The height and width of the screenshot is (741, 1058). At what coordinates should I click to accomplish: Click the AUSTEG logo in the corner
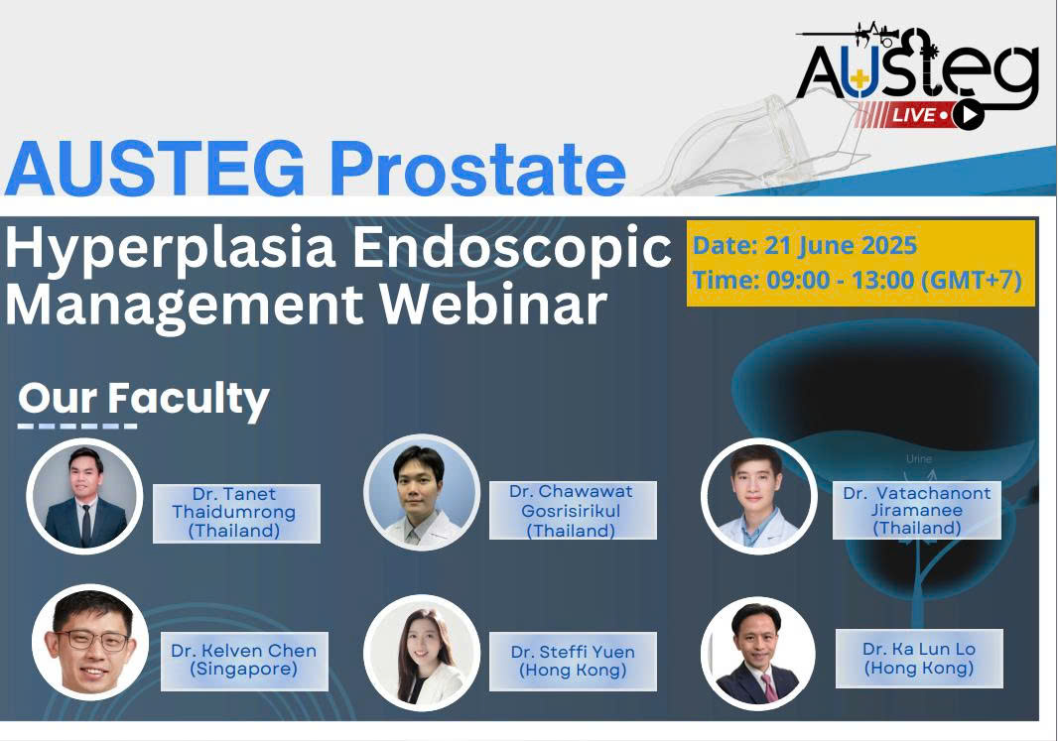coord(918,74)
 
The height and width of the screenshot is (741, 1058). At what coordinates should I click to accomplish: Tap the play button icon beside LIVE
coord(969,115)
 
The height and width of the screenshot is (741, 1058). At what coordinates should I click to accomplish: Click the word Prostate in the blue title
coord(477,169)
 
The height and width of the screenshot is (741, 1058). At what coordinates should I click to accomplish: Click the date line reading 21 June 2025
coord(804,245)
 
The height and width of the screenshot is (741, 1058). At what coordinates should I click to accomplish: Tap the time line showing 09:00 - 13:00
coord(857,279)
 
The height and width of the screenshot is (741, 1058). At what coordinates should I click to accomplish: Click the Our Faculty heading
coord(144,399)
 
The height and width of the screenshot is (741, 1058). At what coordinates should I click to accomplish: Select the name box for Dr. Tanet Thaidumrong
coord(236,513)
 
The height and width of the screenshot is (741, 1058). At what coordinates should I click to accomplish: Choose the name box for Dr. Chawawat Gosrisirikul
coord(573,511)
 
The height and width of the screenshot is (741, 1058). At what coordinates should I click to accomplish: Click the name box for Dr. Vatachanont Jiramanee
coord(916,511)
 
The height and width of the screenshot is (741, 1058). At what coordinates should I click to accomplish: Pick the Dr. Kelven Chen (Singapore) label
coord(244,661)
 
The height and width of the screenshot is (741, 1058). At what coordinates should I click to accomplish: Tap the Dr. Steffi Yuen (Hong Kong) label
coord(573,661)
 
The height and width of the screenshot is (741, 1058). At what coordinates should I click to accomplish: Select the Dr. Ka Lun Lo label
coord(919,658)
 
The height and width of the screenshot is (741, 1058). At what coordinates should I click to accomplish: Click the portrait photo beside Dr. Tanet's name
coord(84,496)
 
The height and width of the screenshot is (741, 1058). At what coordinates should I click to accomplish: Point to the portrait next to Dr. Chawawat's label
coord(422,493)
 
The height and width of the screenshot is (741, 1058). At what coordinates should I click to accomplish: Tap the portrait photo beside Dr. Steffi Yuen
coord(422,653)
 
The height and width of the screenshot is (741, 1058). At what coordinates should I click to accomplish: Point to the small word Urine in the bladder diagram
coord(918,458)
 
